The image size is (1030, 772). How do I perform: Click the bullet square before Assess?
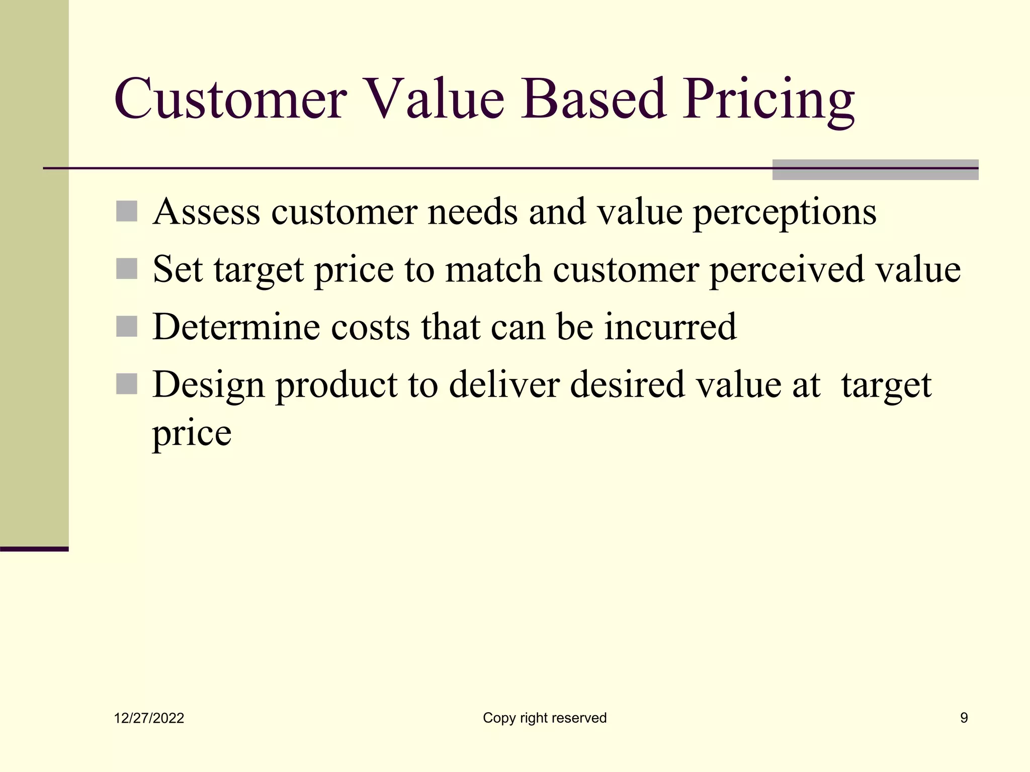pyautogui.click(x=127, y=212)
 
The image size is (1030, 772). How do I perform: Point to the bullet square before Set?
pyautogui.click(x=127, y=269)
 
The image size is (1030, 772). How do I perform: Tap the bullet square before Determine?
pyautogui.click(x=127, y=327)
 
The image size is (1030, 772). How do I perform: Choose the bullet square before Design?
pyautogui.click(x=127, y=384)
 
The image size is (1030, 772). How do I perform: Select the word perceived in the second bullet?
pyautogui.click(x=787, y=270)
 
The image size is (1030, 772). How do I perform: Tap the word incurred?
pyautogui.click(x=670, y=327)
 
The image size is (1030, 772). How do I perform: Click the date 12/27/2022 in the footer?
pyautogui.click(x=149, y=718)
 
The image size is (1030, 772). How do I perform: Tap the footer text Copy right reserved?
pyautogui.click(x=545, y=718)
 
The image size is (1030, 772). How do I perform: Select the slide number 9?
pyautogui.click(x=964, y=718)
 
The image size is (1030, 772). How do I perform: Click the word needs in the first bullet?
pyautogui.click(x=472, y=212)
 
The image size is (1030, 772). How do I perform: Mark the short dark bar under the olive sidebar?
pyautogui.click(x=34, y=549)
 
